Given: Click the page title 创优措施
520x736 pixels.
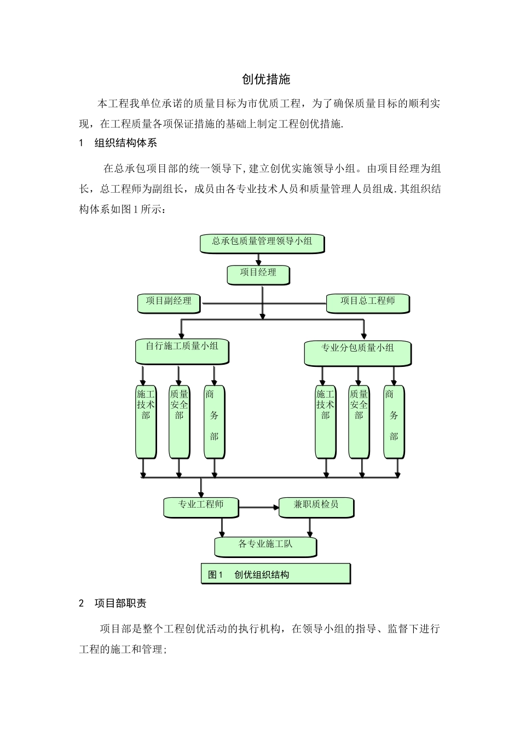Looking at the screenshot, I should coord(266,79).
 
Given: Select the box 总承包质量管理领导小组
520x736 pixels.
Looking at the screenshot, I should coord(262,243).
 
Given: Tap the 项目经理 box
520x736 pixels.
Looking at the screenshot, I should coord(258,274).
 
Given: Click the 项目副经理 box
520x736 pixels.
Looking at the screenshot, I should coord(169,303).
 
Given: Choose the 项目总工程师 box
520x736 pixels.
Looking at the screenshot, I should coord(368,303).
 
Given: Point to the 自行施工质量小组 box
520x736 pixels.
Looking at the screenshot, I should coord(182,350).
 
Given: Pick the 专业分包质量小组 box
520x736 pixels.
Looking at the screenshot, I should coord(357,353).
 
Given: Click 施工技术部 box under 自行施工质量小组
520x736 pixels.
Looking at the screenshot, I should coord(146,422).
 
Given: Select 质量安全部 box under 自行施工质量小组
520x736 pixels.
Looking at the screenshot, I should coord(179,422).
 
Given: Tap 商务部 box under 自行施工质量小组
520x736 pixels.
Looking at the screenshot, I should coord(214,422).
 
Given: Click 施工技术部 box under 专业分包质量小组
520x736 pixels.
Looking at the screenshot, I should coord(325,422).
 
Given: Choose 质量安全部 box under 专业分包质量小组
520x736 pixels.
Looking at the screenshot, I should coord(359,422).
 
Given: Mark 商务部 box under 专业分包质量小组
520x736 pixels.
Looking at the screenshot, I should coord(394,422).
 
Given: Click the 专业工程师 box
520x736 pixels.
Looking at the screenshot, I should coord(201,507).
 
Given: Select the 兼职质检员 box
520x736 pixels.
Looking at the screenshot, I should coord(316,507).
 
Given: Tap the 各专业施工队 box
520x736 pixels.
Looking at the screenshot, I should coord(265,546).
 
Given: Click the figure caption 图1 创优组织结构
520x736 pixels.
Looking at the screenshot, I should coord(275,574).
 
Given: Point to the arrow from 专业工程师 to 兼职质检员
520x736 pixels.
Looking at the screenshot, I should coord(258,508).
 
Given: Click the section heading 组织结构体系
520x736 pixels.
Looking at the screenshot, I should coord(126,143).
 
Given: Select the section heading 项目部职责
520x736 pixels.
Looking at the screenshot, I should coord(120,603).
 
